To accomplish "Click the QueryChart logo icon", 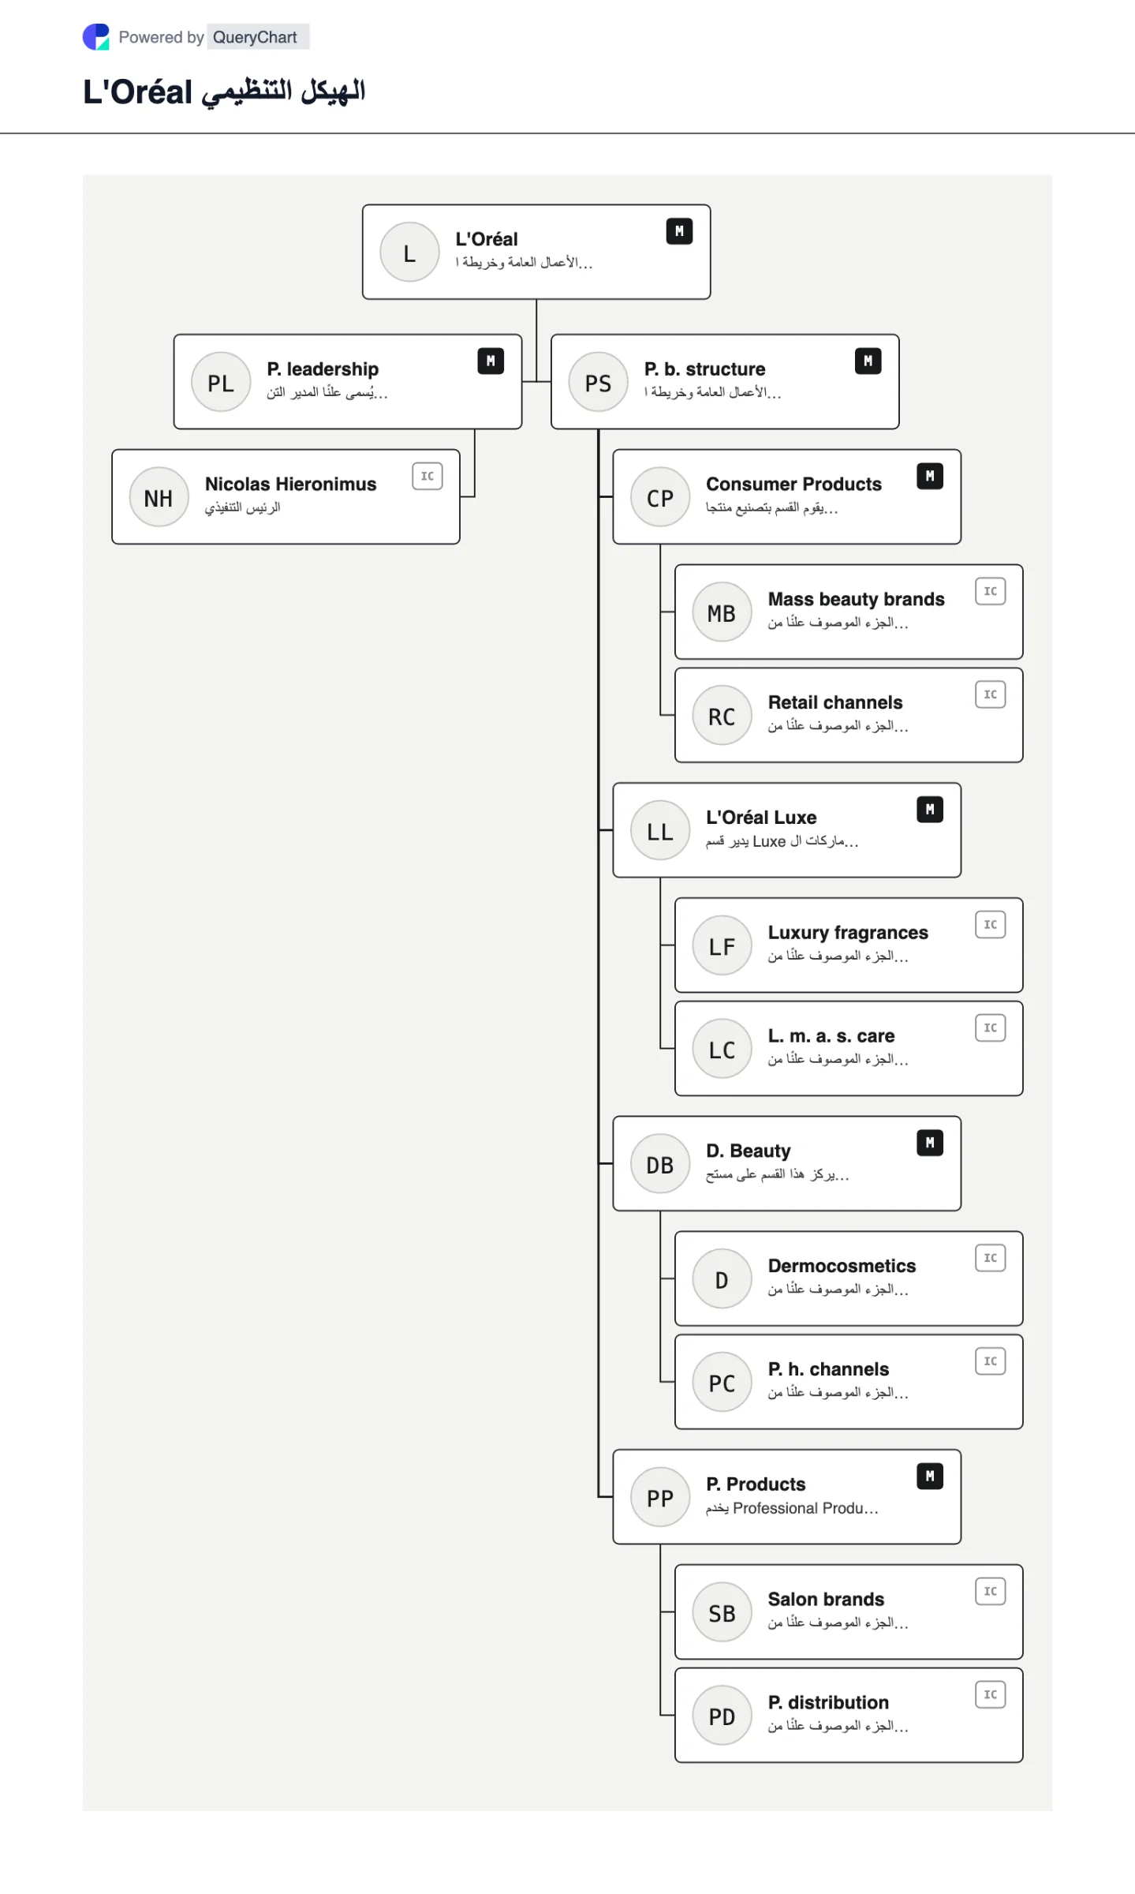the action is [x=96, y=37].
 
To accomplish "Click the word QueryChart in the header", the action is [x=255, y=37].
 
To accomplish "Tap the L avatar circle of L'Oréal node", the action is [x=409, y=253].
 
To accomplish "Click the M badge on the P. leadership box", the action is [x=491, y=361].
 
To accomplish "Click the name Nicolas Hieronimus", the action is [x=291, y=484].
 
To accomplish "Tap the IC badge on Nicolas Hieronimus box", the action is [x=427, y=476].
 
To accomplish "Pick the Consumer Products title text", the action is [x=793, y=484].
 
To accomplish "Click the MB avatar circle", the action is [x=722, y=612].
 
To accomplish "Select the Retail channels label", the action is [x=835, y=702].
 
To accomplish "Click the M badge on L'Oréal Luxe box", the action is [x=930, y=810].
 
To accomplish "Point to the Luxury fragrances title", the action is [x=848, y=933].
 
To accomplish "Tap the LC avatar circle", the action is [x=722, y=1050].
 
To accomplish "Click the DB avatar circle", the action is [x=660, y=1165].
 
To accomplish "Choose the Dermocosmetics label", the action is [x=842, y=1266].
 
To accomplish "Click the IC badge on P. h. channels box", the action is [x=991, y=1361].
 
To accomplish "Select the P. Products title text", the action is [x=756, y=1484].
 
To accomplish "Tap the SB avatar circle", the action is [x=722, y=1613].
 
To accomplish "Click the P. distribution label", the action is [x=828, y=1702].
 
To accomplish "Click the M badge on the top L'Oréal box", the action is [x=679, y=232].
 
